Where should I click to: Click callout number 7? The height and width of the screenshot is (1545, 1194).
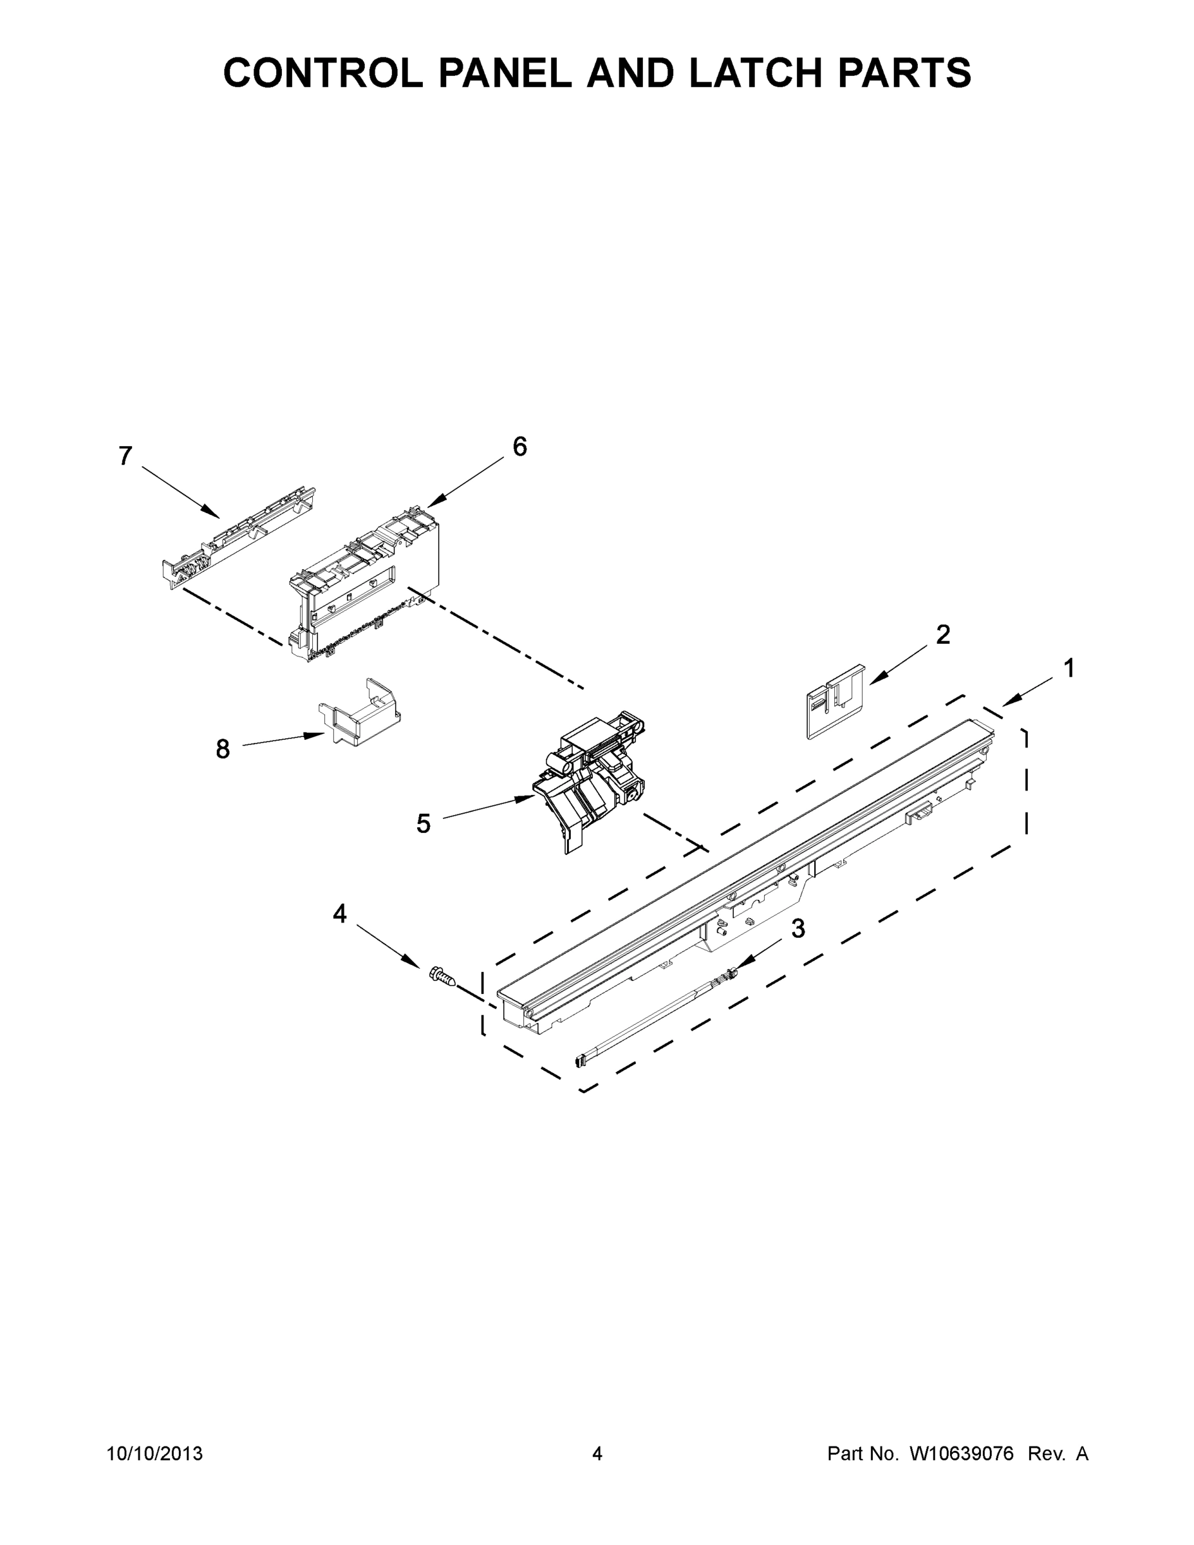[126, 457]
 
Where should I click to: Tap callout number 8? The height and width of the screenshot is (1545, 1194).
[223, 749]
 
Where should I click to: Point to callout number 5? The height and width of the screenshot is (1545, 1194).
[423, 823]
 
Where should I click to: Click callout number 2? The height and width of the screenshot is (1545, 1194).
[943, 635]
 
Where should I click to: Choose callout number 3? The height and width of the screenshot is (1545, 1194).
[798, 929]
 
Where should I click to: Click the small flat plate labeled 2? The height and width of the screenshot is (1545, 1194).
[835, 701]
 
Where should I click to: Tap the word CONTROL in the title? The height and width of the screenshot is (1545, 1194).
[322, 73]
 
